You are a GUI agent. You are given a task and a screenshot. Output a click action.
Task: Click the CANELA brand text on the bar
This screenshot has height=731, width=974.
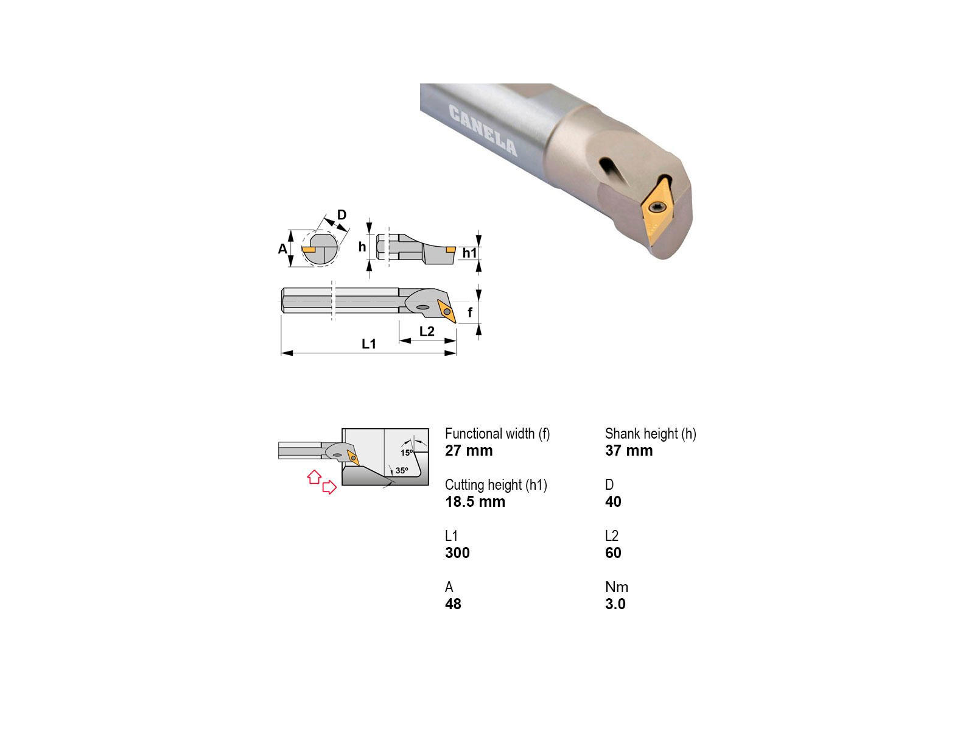(x=483, y=130)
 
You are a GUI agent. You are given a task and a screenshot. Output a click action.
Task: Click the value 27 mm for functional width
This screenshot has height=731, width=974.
(x=469, y=451)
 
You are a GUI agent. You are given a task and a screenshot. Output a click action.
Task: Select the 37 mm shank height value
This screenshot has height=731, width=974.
(x=629, y=451)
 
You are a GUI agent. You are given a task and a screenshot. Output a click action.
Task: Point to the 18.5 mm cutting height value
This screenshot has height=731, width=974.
(x=475, y=501)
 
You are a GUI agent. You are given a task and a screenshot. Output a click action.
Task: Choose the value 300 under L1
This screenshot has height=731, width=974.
(x=457, y=553)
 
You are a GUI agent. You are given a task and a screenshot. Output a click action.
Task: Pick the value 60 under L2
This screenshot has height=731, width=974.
(x=613, y=553)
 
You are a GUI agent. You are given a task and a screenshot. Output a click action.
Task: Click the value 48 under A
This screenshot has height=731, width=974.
(x=453, y=604)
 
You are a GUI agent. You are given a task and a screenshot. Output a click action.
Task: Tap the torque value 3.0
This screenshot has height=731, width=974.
(x=615, y=604)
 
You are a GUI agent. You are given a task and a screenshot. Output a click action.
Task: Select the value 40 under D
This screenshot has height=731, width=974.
(x=613, y=501)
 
